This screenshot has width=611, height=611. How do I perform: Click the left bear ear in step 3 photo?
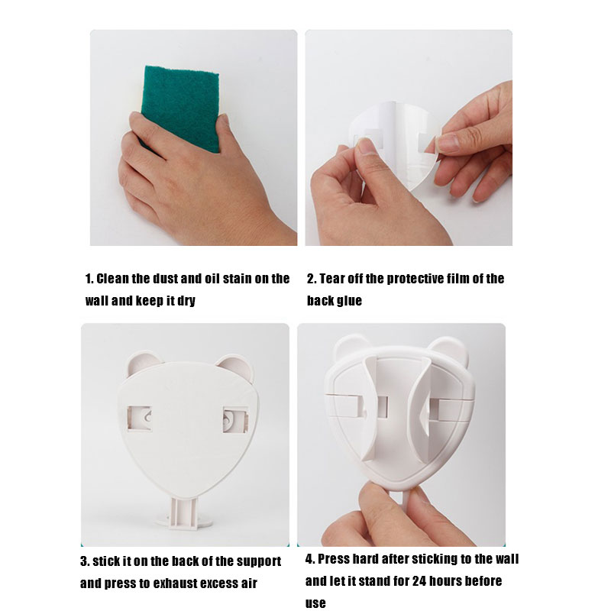[144, 364]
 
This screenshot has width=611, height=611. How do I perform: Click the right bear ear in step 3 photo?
[236, 367]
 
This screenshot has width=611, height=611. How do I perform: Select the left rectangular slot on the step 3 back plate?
[139, 419]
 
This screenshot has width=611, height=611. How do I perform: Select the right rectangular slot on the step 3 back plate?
[236, 419]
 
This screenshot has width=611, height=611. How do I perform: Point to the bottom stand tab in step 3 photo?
[183, 514]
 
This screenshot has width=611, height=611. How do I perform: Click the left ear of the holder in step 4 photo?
[351, 347]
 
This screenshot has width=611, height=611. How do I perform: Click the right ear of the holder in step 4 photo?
[448, 350]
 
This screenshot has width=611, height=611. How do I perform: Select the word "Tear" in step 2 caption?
[331, 279]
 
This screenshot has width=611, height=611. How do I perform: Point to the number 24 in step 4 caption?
[419, 581]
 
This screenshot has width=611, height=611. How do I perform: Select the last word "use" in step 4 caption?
[315, 603]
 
